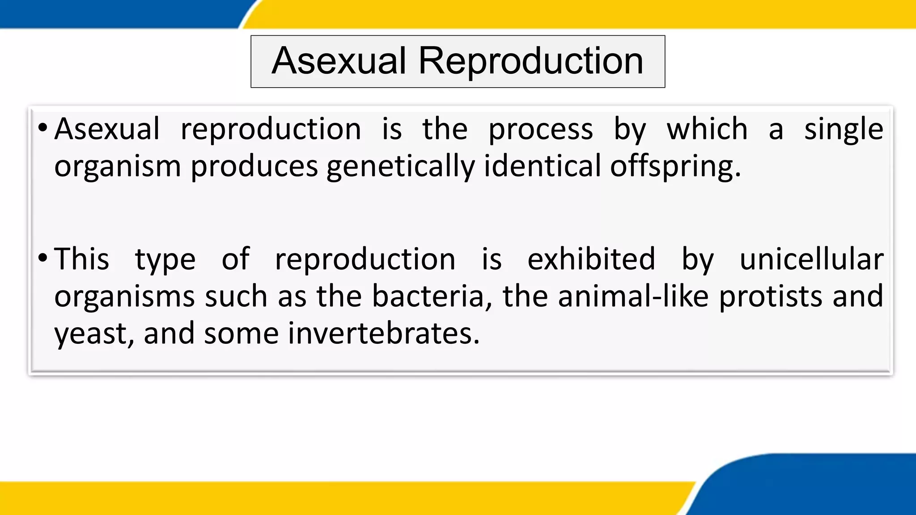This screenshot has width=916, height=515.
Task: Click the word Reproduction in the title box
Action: pyautogui.click(x=530, y=61)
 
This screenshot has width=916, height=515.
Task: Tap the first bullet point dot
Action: pyautogui.click(x=42, y=128)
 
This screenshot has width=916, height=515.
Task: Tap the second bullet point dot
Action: pyautogui.click(x=42, y=258)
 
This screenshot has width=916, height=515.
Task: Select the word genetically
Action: pyautogui.click(x=400, y=166)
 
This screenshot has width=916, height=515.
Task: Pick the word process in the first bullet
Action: pyautogui.click(x=540, y=130)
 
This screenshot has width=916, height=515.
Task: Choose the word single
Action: pyautogui.click(x=844, y=130)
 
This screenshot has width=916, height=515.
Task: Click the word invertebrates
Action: pyautogui.click(x=383, y=333)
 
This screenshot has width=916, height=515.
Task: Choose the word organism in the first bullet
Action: pyautogui.click(x=117, y=166)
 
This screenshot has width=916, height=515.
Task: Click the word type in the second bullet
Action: pyautogui.click(x=165, y=260)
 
